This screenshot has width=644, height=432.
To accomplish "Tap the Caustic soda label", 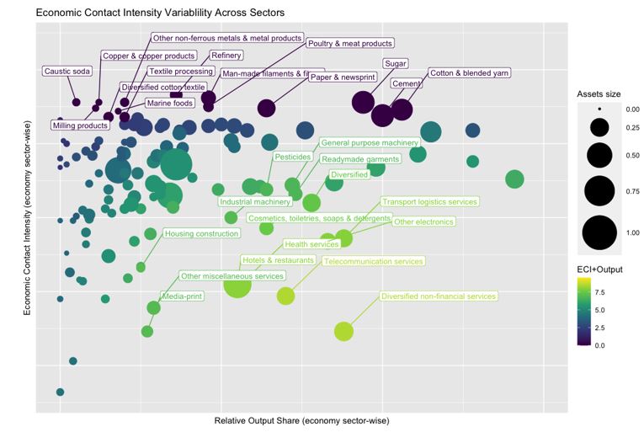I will point(67,72).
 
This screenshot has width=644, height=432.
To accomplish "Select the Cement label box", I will point(407,84).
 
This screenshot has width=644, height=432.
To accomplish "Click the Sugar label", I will point(395,63).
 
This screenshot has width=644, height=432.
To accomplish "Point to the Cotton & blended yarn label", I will point(470,73).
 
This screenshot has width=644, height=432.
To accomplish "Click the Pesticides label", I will point(293,157).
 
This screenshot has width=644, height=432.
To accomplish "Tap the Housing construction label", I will point(202,233).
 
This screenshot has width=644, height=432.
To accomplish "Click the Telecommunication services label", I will point(373,262).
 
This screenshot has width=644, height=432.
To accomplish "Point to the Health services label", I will point(311,244).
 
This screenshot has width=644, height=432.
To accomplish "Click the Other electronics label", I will point(423,222).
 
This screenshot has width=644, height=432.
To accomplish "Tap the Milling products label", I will point(80,125).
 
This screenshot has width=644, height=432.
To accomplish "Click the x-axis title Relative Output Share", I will point(301,420).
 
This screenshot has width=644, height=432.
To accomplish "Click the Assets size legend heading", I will point(599,93).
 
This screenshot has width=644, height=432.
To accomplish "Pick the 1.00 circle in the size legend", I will point(599,232).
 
